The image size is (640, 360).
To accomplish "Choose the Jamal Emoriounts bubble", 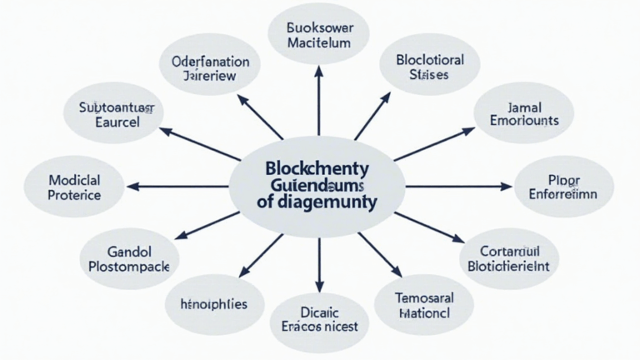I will click(x=524, y=114).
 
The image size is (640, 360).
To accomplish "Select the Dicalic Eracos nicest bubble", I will click(x=318, y=321).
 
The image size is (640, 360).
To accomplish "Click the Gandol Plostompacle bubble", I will click(x=129, y=257).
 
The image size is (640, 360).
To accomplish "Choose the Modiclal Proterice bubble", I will click(x=75, y=187).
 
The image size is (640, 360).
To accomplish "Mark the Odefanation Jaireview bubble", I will click(x=210, y=67).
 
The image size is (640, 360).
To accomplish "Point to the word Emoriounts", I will click(x=524, y=122).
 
